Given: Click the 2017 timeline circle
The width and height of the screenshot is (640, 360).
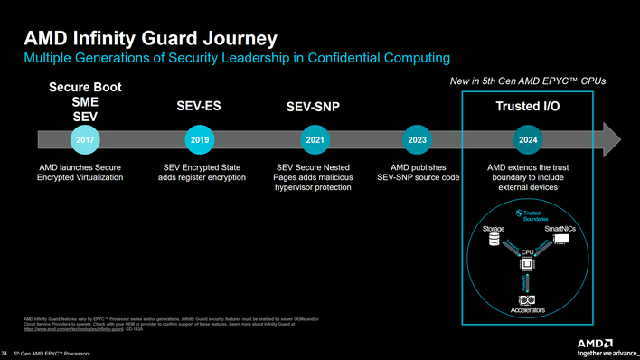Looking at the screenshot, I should [84, 140].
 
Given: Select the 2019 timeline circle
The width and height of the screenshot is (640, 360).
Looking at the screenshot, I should [200, 140].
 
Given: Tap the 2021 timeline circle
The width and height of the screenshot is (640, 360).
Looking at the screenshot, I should [315, 140].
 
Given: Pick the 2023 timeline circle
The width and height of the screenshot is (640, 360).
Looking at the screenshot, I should [418, 140].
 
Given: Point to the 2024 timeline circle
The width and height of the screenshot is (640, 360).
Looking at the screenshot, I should [529, 140].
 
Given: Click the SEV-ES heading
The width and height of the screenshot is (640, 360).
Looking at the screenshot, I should [199, 107].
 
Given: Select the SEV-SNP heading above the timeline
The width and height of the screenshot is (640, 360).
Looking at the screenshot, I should [312, 109].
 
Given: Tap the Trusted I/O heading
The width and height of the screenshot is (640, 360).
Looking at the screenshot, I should [528, 107].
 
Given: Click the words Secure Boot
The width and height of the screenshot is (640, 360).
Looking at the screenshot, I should [85, 87].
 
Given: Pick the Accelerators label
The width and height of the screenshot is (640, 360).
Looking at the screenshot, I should [528, 311].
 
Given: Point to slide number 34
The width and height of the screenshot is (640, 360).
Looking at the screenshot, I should [6, 352].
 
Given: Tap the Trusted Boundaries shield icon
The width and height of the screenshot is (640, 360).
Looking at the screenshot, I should [518, 213].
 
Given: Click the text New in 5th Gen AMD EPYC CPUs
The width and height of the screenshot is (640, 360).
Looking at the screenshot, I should [527, 81].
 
